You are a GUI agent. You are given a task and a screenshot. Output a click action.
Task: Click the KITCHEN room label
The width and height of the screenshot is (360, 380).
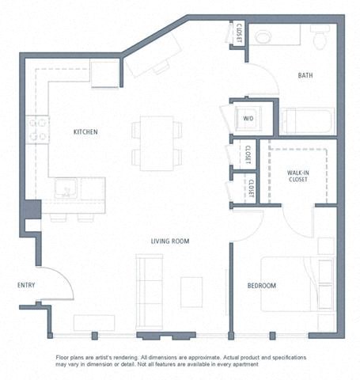pyautogui.click(x=85, y=131)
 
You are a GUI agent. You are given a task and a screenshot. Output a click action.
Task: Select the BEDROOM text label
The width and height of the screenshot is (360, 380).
pyautogui.click(x=261, y=285)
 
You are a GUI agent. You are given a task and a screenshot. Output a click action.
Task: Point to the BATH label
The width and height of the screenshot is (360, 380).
pyautogui.click(x=305, y=76)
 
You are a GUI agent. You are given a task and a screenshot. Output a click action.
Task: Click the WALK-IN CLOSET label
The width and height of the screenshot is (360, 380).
pyautogui.click(x=298, y=176)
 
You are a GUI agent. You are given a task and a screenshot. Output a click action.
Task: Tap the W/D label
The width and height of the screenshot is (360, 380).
pyautogui.click(x=248, y=120)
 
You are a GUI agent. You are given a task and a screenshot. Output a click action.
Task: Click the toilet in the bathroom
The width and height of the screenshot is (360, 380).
pyautogui.click(x=320, y=36)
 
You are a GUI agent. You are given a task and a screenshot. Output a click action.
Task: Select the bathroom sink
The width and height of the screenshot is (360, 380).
pyautogui.click(x=263, y=36)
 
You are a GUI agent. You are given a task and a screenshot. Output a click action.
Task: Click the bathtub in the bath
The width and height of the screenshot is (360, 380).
pyautogui.click(x=307, y=122)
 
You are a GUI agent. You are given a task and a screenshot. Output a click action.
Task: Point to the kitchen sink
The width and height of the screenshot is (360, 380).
pyautogui.click(x=65, y=189)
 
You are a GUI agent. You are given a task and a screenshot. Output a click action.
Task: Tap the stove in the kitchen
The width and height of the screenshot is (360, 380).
pyautogui.click(x=38, y=129)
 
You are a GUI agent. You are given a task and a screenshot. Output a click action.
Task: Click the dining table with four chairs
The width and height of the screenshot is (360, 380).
pyautogui.click(x=157, y=142)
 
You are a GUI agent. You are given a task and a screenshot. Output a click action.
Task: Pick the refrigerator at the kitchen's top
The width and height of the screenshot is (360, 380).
pyautogui.click(x=104, y=74)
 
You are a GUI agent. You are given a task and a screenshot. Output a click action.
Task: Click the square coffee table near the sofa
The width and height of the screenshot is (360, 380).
pyautogui.click(x=191, y=291)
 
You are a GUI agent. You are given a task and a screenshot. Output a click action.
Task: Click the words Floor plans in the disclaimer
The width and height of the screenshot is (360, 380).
pyautogui.click(x=74, y=358)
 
